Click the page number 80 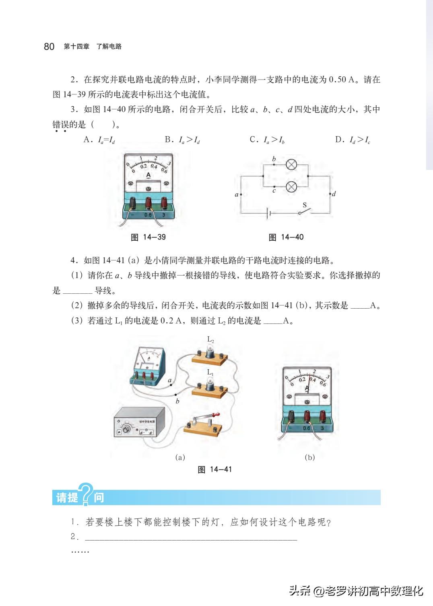tap(49, 47)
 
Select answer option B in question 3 tap(182, 140)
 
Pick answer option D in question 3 tap(353, 140)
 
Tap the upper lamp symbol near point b tap(291, 164)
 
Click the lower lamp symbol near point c tap(291, 187)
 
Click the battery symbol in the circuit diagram tap(269, 213)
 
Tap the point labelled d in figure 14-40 tap(330, 194)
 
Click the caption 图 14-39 tap(148, 237)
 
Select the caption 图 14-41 tap(214, 469)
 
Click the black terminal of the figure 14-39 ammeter tap(132, 203)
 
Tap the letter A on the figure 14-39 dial tap(148, 175)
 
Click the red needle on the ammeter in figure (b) tap(309, 382)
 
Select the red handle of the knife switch tap(216, 414)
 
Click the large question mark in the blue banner tap(87, 494)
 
